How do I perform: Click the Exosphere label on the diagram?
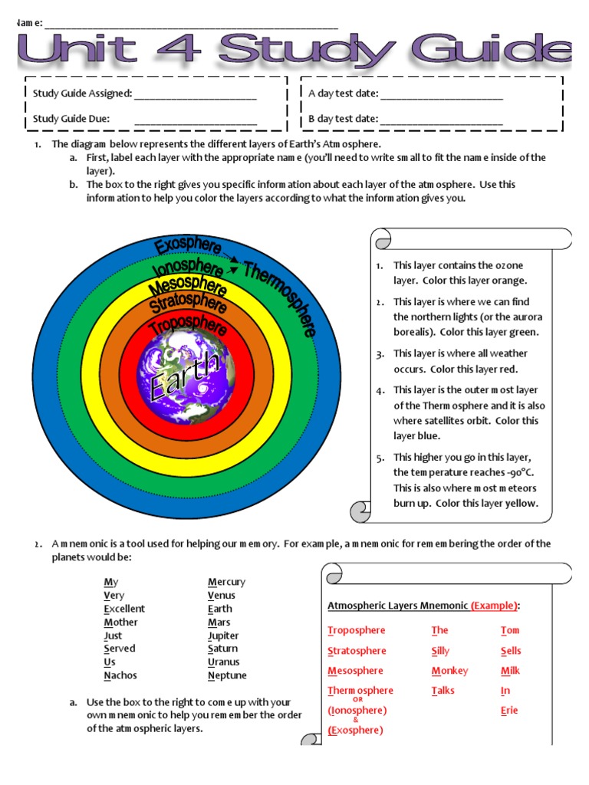(x=188, y=246)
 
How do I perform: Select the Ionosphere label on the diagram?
(x=188, y=268)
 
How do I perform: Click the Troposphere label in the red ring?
(x=189, y=325)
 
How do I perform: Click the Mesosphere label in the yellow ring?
(x=188, y=287)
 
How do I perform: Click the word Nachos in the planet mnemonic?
(x=120, y=675)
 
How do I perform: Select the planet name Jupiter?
(x=223, y=636)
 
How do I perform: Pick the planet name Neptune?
(x=227, y=675)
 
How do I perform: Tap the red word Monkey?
(x=449, y=671)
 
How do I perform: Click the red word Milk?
(x=510, y=671)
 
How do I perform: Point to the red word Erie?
(x=509, y=711)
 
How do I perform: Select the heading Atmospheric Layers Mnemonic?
(x=397, y=606)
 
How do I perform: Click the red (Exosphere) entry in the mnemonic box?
(x=355, y=731)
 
